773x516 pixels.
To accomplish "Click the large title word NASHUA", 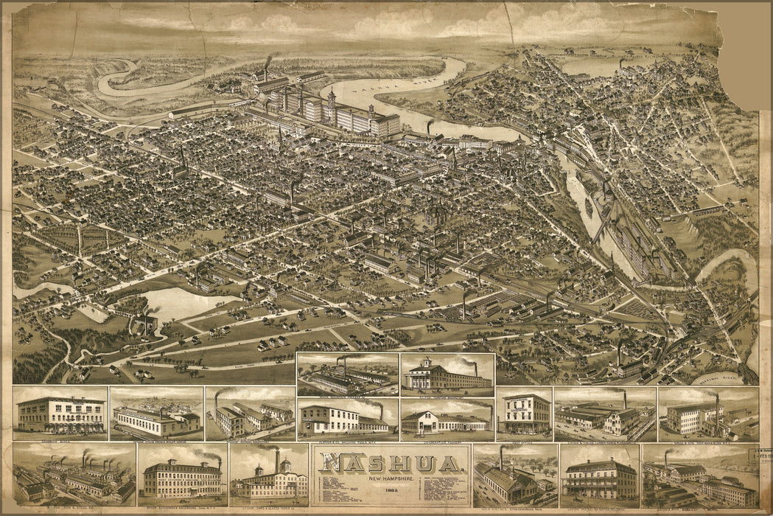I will click(x=391, y=464).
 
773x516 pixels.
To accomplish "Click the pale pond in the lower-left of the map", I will click(x=181, y=302).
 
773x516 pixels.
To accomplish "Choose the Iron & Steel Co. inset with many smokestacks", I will click(x=74, y=475).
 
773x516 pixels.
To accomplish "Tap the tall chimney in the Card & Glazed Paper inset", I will click(x=277, y=459).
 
